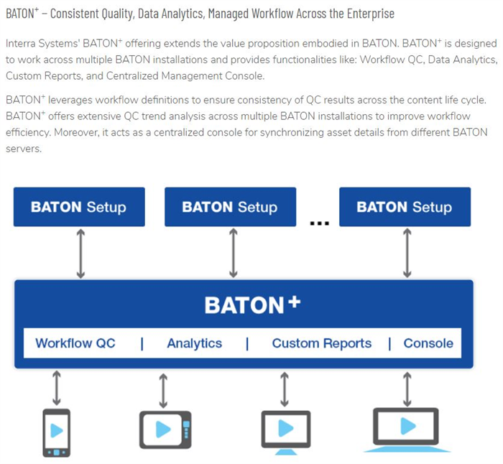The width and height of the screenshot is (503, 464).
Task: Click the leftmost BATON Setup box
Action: [x=79, y=207]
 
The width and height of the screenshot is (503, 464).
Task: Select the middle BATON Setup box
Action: [x=231, y=207]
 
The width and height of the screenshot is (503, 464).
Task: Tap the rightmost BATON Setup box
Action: [x=405, y=207]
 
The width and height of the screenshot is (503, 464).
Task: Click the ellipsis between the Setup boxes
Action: [x=320, y=223]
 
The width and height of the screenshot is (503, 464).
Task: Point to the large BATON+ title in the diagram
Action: [x=252, y=305]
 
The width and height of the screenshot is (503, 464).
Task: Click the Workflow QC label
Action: [x=75, y=343]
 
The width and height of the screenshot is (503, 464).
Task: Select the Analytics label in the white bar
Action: [x=195, y=343]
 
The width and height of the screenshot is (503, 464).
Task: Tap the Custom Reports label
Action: [x=322, y=343]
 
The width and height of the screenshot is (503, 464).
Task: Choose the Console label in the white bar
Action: [x=428, y=343]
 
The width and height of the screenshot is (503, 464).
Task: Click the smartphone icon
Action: [x=57, y=432]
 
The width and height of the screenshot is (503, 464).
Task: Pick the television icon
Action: [x=165, y=430]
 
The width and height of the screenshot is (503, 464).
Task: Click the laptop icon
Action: [x=407, y=430]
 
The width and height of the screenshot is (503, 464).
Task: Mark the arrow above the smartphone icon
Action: [x=57, y=388]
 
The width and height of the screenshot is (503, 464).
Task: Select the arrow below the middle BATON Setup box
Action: [x=234, y=253]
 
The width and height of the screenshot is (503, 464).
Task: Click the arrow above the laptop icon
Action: [x=407, y=389]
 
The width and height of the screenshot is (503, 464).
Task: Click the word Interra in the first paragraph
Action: [x=21, y=43]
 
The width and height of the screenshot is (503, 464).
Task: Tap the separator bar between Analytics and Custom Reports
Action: [x=247, y=344]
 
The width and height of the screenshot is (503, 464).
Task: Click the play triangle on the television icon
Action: [x=163, y=430]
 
